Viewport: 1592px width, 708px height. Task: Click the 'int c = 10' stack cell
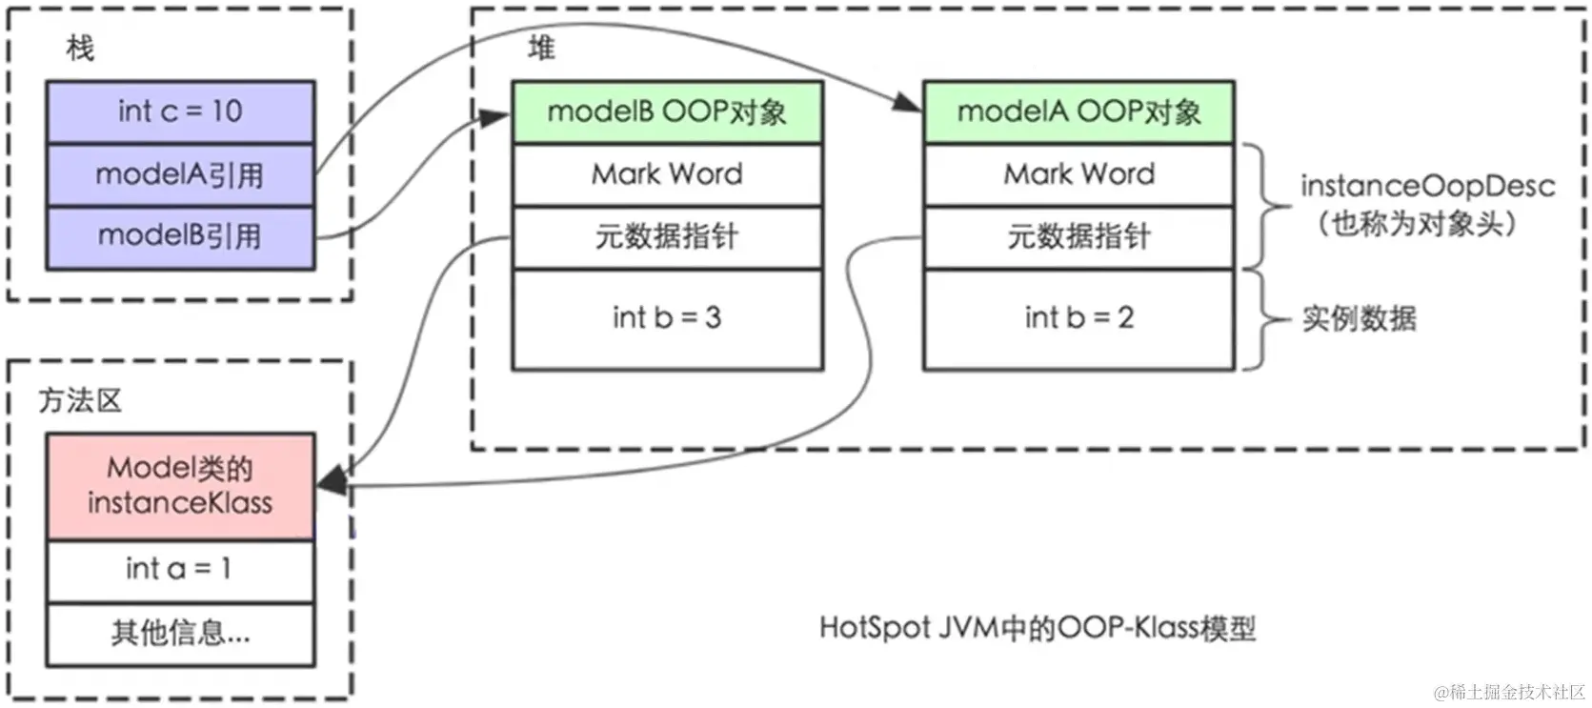point(180,111)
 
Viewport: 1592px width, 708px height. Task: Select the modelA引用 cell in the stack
point(180,174)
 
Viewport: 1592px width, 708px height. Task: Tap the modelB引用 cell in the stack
point(180,236)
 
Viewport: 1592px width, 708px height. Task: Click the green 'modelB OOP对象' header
point(667,112)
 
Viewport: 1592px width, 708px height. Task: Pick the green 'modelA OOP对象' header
point(1078,112)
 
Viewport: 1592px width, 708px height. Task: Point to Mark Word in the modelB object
point(667,174)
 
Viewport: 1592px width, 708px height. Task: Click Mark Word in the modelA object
point(1078,174)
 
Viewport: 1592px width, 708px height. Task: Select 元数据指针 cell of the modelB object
point(667,236)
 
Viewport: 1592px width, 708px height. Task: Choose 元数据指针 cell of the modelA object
point(1078,236)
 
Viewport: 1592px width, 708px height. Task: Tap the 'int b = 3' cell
point(667,318)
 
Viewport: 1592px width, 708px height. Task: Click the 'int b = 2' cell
point(1078,318)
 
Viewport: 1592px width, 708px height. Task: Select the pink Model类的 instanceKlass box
point(180,486)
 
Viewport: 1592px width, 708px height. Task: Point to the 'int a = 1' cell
point(180,570)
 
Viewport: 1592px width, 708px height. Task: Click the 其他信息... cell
point(180,633)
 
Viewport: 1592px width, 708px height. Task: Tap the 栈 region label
point(80,48)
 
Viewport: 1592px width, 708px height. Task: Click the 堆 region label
point(541,48)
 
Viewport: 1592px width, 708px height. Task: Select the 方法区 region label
point(80,400)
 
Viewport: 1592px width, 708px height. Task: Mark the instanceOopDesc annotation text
point(1426,187)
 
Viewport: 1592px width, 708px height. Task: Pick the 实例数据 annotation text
point(1359,318)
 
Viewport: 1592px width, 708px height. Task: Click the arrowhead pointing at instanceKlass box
point(331,484)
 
